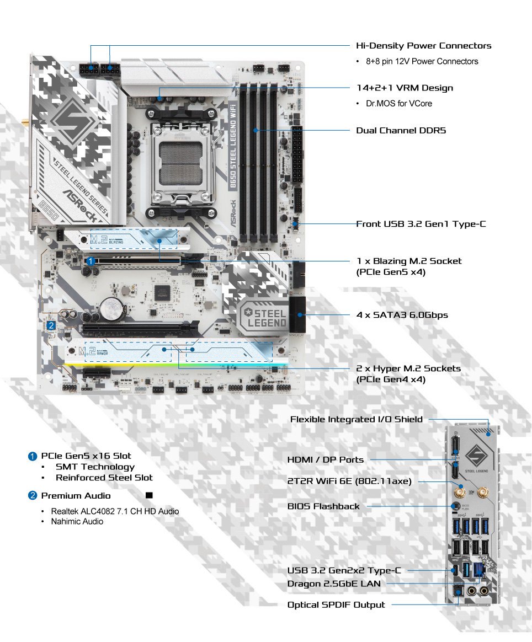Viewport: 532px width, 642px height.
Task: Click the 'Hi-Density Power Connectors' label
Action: coord(423,46)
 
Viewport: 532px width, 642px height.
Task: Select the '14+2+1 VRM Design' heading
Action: coord(405,88)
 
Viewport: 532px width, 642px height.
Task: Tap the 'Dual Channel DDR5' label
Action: coord(401,131)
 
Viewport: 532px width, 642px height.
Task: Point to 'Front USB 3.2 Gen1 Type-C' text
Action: coord(421,224)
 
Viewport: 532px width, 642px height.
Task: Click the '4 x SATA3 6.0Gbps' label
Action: coord(402,315)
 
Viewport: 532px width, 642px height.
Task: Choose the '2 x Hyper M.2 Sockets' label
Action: coord(408,368)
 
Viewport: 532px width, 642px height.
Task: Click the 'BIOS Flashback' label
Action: coord(323,506)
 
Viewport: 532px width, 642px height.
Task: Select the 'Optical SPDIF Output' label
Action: coord(336,604)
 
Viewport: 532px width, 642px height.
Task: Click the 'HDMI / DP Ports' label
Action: coord(325,459)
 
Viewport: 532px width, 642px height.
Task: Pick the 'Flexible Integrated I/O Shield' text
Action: coord(357,419)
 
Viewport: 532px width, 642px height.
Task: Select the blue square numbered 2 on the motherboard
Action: coord(51,326)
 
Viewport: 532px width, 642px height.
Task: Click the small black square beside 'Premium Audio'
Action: coord(149,495)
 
